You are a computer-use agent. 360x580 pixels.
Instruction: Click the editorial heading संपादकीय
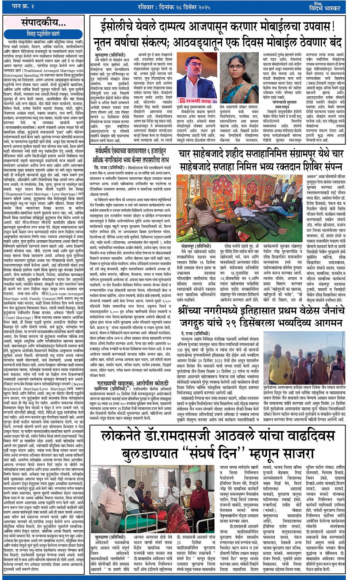tap(38, 21)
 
